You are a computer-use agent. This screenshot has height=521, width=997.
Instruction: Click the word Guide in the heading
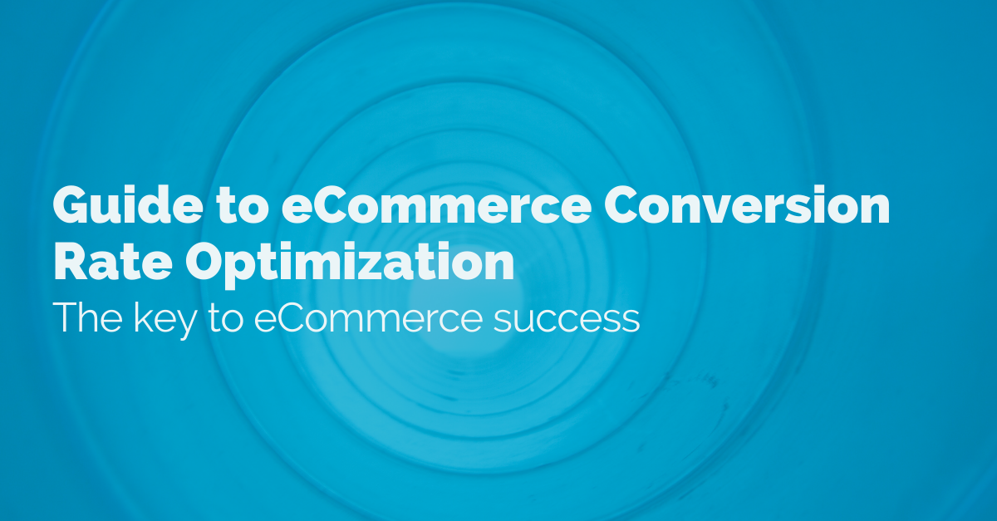[x=128, y=204]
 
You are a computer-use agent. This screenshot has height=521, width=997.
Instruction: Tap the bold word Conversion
[x=746, y=204]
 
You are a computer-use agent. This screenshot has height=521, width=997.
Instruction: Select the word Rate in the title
[x=113, y=261]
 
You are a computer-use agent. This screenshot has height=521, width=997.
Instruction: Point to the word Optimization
[x=350, y=265]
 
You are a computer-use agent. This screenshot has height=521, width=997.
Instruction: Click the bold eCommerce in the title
[x=436, y=205]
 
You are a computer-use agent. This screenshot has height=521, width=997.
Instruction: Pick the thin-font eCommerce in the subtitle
[x=368, y=317]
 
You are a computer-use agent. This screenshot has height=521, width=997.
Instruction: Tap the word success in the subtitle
[x=567, y=320]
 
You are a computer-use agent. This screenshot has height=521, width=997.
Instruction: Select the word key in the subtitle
[x=165, y=320]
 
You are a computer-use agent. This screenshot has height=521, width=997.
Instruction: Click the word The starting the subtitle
[x=88, y=317]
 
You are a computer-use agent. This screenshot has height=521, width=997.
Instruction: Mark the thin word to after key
[x=226, y=319]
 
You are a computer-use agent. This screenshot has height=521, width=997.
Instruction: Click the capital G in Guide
[x=71, y=205]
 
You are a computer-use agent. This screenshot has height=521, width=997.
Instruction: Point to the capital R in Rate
[x=71, y=262]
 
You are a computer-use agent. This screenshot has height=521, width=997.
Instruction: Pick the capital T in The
[x=65, y=317]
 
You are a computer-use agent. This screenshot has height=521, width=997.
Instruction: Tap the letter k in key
[x=142, y=317]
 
